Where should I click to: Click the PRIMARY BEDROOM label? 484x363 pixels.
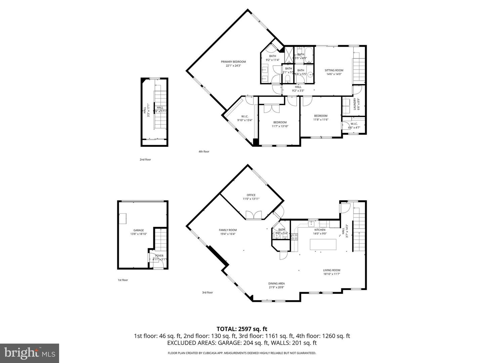[233, 62]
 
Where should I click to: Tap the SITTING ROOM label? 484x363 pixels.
[334, 71]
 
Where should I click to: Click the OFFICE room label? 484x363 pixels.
[251, 195]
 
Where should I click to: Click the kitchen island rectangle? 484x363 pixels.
[323, 244]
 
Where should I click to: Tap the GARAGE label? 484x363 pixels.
[138, 230]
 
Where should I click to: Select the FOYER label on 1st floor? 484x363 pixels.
[159, 256]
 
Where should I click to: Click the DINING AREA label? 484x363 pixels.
[277, 284]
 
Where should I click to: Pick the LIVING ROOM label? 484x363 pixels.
[332, 270]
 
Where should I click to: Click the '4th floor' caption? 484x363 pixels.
[204, 152]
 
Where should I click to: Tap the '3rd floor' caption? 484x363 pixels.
[207, 292]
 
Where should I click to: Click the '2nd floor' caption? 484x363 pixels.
[146, 160]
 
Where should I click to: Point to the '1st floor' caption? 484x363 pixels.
[123, 280]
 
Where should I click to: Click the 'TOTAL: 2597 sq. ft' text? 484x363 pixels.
[242, 329]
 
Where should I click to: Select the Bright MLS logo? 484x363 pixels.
[30, 353]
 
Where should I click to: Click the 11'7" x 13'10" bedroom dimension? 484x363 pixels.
[280, 126]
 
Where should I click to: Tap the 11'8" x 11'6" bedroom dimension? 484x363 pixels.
[321, 120]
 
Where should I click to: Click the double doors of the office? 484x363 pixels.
[253, 215]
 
